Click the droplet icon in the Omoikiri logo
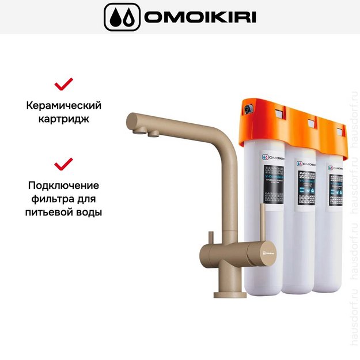click(122, 17)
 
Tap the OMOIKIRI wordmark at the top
click(200, 17)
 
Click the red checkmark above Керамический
click(63, 85)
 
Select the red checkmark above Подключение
click(63, 165)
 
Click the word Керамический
click(63, 106)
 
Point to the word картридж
click(63, 120)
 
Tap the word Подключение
click(63, 185)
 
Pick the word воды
click(89, 213)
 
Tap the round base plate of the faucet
click(230, 294)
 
